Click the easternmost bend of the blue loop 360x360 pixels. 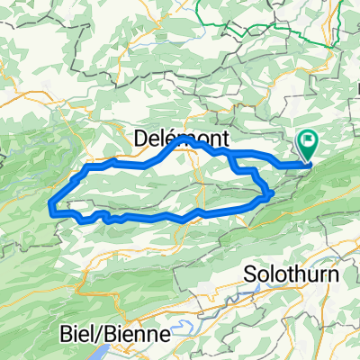[x=272, y=193]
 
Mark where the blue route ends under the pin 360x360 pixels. [x=310, y=164]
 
